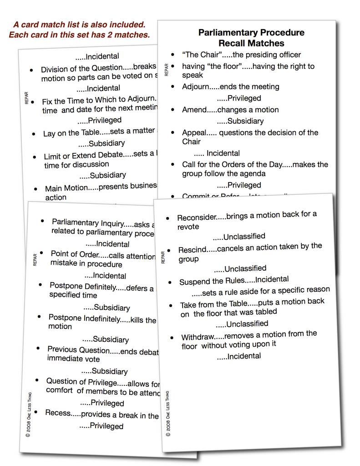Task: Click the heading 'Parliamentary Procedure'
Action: (x=251, y=33)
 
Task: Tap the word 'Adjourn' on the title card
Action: (x=196, y=86)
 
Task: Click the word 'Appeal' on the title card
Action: (x=194, y=132)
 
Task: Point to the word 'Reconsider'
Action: (x=196, y=218)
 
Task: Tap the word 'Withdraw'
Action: (x=198, y=337)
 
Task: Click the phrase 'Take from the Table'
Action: (x=213, y=304)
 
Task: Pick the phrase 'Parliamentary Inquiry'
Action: (x=88, y=223)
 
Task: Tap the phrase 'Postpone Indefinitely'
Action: (x=83, y=318)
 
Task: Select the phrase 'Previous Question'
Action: (x=78, y=350)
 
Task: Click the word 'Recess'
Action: (x=58, y=413)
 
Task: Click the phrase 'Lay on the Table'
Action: (x=67, y=133)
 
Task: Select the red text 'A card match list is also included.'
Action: (x=79, y=25)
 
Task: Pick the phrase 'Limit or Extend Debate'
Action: (x=83, y=156)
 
